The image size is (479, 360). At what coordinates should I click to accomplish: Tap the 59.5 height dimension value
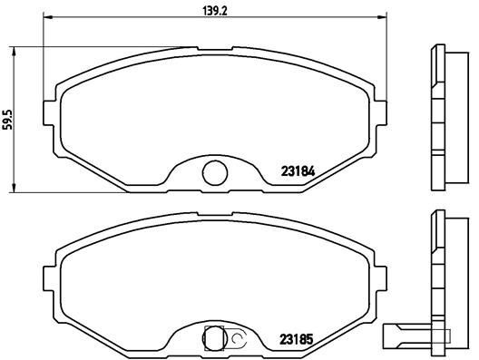[8, 120]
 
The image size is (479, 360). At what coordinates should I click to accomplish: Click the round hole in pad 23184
[214, 170]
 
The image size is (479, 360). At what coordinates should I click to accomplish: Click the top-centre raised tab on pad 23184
[214, 50]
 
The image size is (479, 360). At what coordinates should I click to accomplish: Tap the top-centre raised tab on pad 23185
[214, 217]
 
